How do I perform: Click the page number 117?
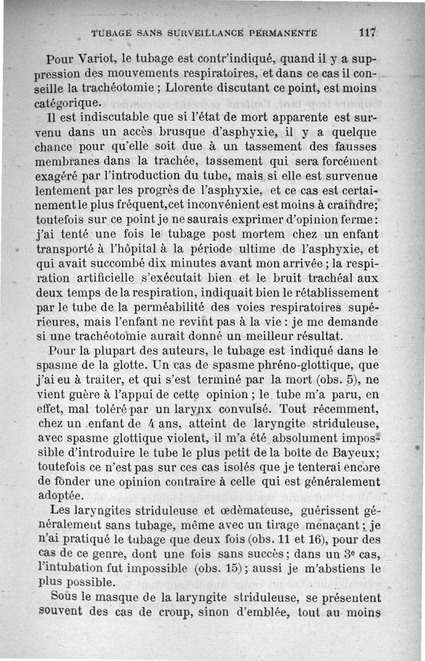pyautogui.click(x=367, y=32)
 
